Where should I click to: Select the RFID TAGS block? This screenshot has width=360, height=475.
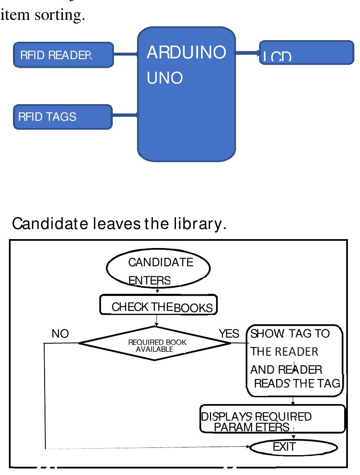(x=62, y=117)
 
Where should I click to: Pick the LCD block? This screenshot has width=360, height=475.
(x=306, y=53)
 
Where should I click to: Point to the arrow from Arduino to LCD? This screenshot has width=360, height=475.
(x=247, y=52)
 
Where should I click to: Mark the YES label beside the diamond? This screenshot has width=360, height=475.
(x=229, y=334)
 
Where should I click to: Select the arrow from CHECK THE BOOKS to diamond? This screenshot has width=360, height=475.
(x=156, y=320)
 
